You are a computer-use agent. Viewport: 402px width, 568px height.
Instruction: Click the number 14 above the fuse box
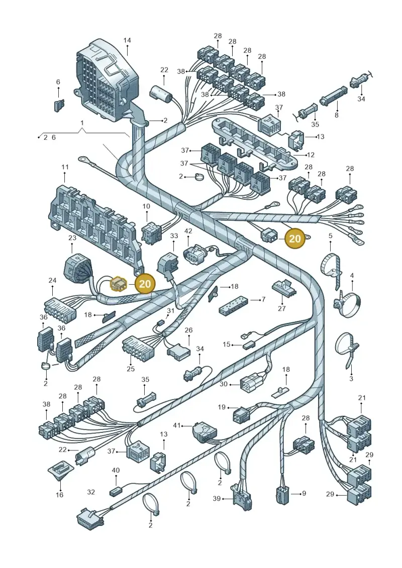(x=127, y=40)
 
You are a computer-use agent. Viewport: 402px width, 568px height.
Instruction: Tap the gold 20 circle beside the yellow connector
(x=145, y=283)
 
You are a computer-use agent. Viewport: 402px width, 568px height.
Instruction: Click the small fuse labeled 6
(x=59, y=105)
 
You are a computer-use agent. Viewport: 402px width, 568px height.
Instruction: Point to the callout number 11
(x=65, y=167)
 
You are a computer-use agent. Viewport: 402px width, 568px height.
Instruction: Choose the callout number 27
(x=282, y=308)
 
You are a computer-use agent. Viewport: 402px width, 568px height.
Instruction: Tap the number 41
(x=176, y=425)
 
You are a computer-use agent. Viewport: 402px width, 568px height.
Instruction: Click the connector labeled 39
(x=241, y=498)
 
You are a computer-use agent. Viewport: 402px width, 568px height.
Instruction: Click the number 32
(x=91, y=492)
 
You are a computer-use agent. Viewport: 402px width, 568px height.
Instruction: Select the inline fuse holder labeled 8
(x=333, y=95)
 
